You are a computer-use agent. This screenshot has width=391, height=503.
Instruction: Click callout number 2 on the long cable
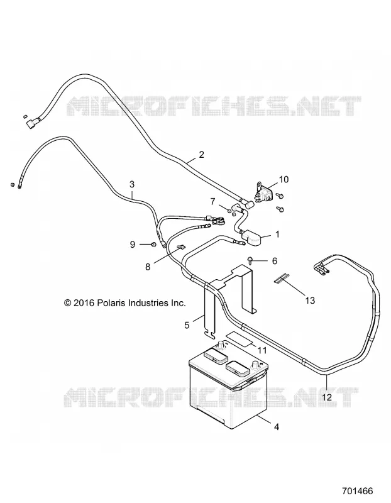201,155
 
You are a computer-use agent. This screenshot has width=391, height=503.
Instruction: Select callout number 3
132,184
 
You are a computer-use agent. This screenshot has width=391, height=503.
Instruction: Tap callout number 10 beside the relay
284,179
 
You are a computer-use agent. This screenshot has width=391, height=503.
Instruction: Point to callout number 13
310,301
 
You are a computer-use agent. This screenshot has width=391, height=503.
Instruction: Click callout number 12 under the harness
327,397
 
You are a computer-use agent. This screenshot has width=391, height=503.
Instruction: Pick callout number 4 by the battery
277,427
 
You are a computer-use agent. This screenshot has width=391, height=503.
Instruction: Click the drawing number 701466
358,491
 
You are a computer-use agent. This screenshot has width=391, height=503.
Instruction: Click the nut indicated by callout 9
153,245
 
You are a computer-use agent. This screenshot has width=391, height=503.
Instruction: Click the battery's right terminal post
256,365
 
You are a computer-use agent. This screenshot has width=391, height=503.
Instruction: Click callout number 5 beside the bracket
187,325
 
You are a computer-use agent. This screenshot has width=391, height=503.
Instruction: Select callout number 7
212,202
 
